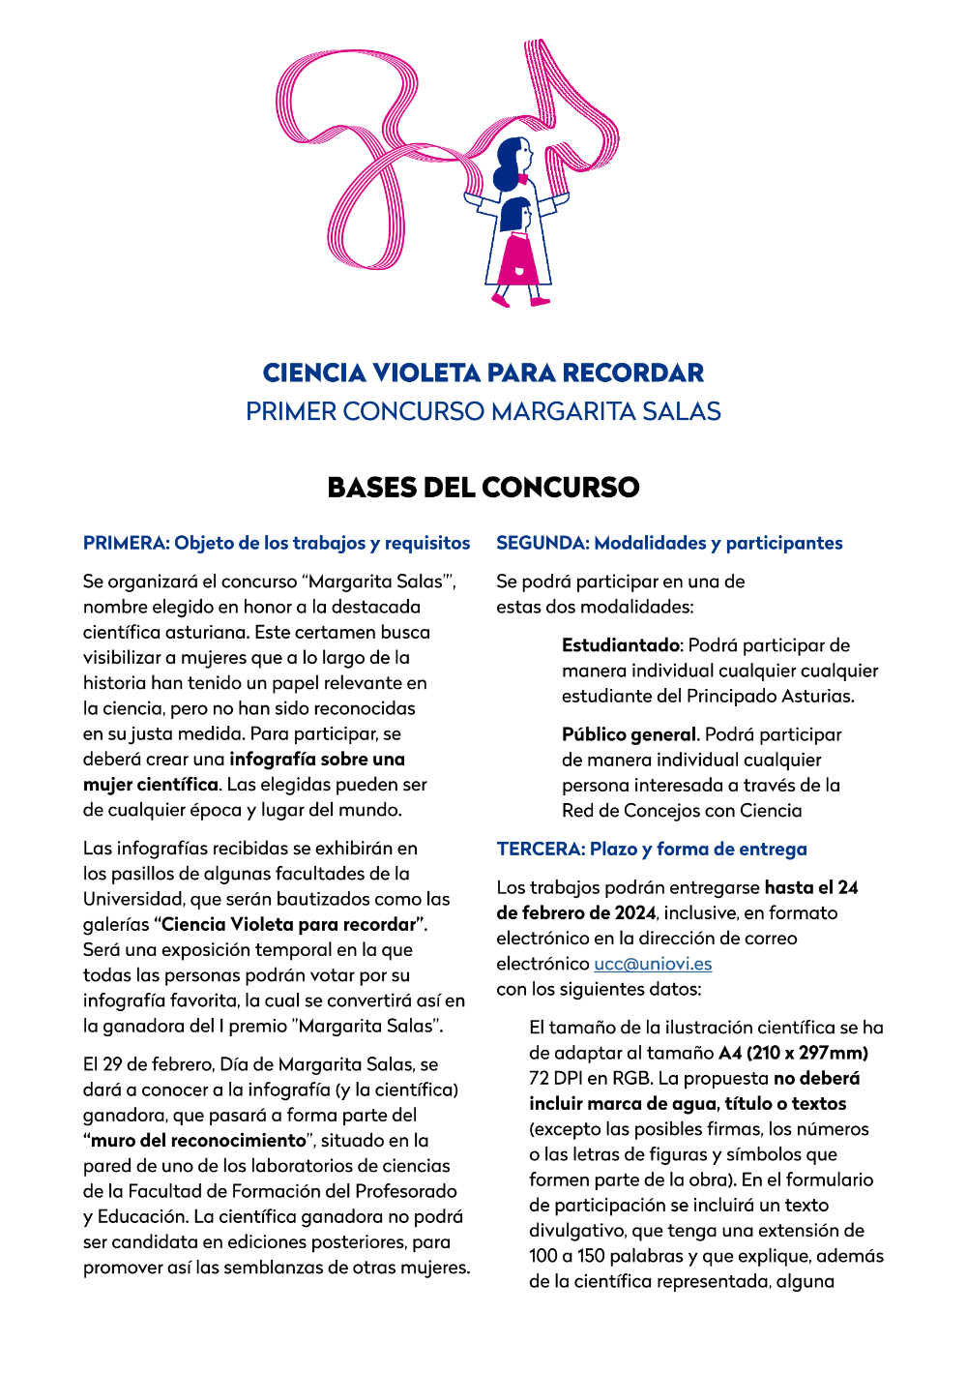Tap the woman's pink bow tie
(x=523, y=180)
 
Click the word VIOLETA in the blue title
(x=426, y=373)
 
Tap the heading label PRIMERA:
(x=126, y=543)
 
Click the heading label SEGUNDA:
(x=542, y=543)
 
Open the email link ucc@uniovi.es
(x=653, y=964)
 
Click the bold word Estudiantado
(x=622, y=645)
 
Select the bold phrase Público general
(x=630, y=734)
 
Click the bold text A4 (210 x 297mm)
(x=793, y=1053)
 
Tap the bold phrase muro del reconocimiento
(x=198, y=1140)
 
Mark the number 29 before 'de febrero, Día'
(x=113, y=1064)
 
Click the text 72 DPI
(x=554, y=1078)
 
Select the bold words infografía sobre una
(x=317, y=759)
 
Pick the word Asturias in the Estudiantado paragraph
(x=820, y=696)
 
